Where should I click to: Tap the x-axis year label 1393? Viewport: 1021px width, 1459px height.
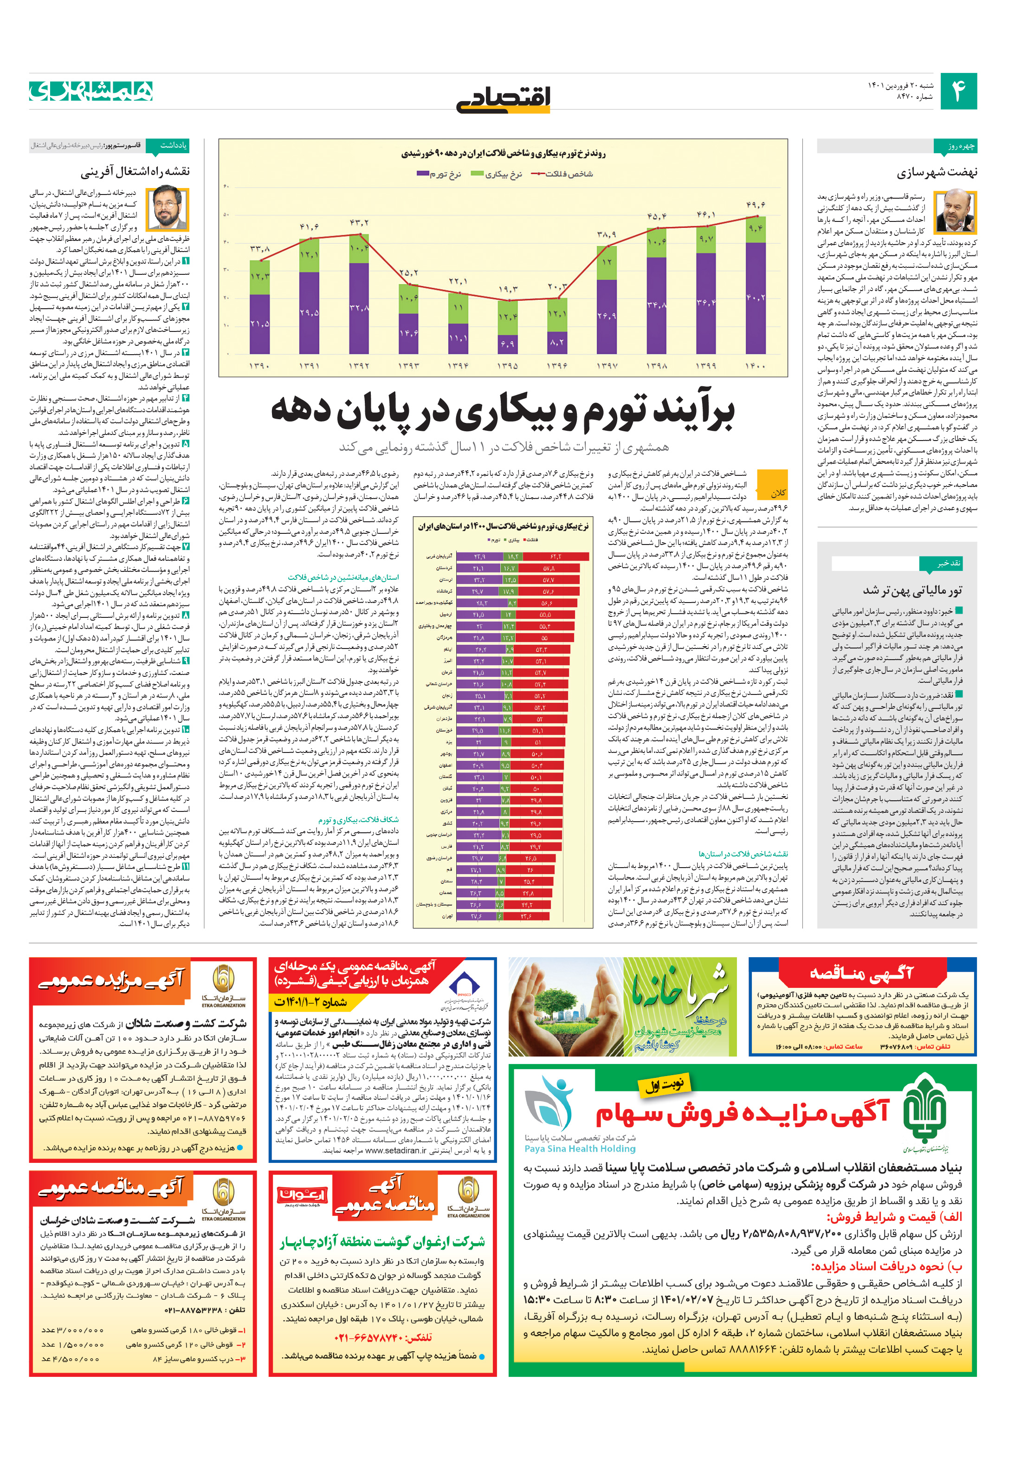pos(408,366)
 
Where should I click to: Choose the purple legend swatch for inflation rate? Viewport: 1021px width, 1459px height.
pos(422,174)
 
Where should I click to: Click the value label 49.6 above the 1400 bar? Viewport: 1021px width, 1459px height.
pos(756,205)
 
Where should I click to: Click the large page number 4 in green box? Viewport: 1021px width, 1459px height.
pos(957,91)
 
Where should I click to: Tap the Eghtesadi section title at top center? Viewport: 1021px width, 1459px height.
pos(503,98)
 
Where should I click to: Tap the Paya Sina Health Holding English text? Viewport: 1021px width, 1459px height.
pos(580,1148)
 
